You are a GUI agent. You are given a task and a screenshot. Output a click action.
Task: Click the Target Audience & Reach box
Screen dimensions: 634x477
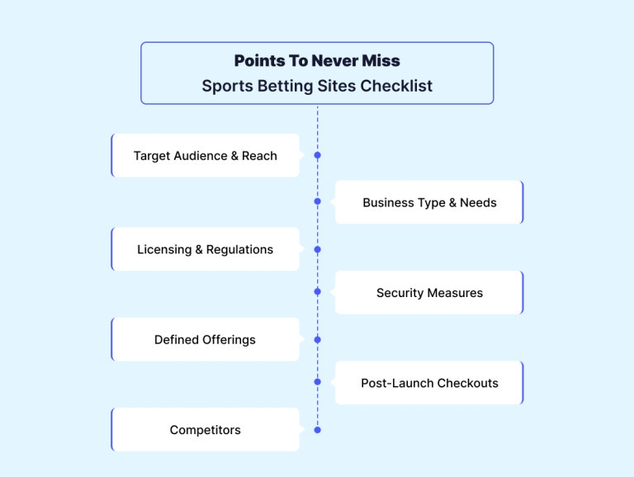[x=206, y=155]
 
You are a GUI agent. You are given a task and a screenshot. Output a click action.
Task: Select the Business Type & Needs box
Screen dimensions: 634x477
[x=429, y=202]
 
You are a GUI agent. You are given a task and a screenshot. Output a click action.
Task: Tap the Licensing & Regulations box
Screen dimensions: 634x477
[x=206, y=249]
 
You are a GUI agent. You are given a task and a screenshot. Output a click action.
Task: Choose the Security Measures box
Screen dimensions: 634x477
[x=429, y=292]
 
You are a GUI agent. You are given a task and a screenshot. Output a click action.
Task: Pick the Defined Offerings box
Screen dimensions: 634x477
[x=206, y=339]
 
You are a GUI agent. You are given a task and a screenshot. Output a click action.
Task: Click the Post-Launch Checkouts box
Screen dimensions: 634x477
[x=429, y=382]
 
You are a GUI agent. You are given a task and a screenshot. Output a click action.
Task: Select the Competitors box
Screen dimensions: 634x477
[x=206, y=429]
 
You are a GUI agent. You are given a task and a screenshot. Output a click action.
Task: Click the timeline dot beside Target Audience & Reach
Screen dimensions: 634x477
[x=317, y=155]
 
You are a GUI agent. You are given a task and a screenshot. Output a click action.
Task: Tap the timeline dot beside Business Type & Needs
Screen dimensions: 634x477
[x=317, y=201]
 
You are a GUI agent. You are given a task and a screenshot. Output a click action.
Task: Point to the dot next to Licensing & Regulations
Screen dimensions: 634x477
[x=317, y=249]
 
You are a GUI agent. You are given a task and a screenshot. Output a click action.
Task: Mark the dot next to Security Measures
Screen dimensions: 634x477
[x=317, y=291]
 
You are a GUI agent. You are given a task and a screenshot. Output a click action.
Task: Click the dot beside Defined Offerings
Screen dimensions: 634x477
[x=317, y=339]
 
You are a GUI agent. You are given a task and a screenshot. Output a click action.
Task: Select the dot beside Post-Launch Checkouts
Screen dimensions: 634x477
[x=317, y=381]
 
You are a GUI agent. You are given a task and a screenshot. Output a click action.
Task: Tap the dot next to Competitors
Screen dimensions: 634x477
[x=317, y=430]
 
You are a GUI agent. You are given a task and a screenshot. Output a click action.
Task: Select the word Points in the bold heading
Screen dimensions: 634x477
[x=259, y=60]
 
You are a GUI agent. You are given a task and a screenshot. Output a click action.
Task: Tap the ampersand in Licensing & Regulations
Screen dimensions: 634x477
[x=198, y=249]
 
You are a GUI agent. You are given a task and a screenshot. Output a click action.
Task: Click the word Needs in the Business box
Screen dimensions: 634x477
[x=478, y=202]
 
